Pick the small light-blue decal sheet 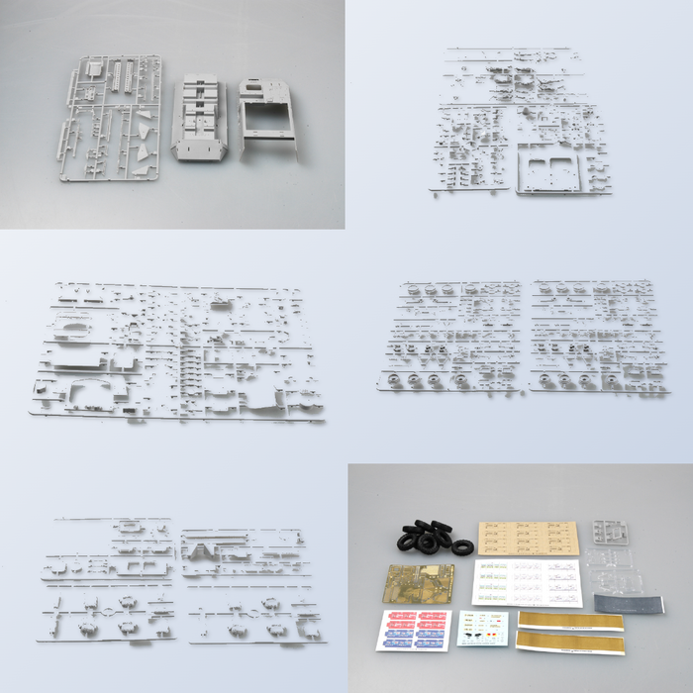(x=483, y=628)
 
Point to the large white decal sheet (x=527, y=582)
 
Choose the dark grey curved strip (x=629, y=602)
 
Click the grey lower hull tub (x=200, y=120)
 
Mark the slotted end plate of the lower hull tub (x=199, y=150)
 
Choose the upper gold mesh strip (x=572, y=621)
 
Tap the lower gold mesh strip (x=572, y=644)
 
